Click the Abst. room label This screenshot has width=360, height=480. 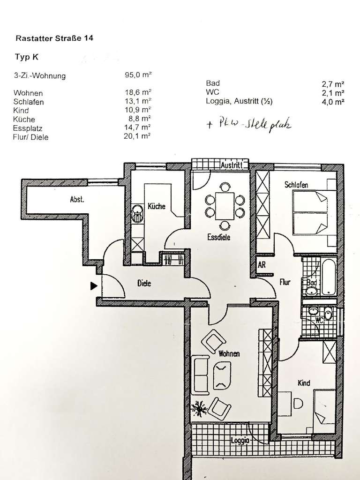(x=77, y=199)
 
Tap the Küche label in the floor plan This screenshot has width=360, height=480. (x=156, y=206)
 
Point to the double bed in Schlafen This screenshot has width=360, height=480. (x=314, y=214)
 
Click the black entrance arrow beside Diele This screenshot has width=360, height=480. (x=94, y=285)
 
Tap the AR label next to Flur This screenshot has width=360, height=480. (x=262, y=264)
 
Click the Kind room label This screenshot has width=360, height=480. (x=304, y=383)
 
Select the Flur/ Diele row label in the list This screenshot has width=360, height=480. (x=31, y=137)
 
